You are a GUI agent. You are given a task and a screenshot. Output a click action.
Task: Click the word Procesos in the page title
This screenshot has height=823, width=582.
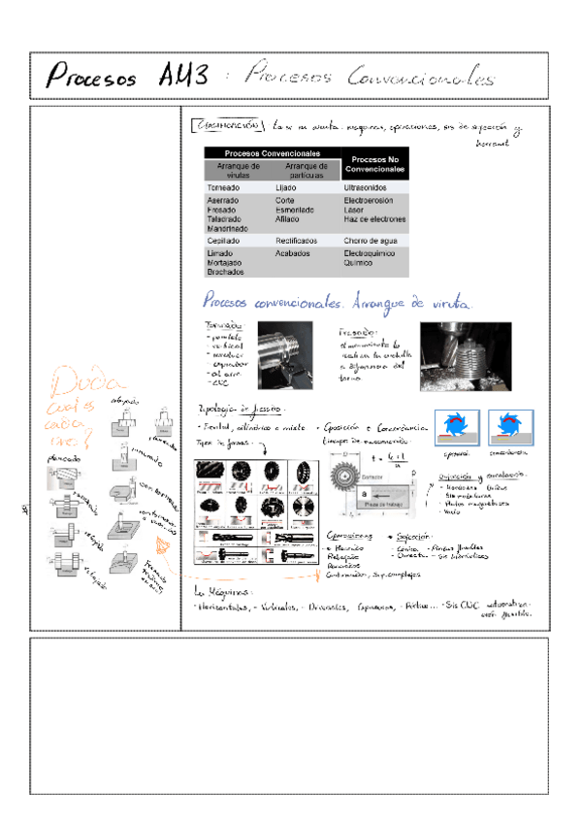[x=91, y=76]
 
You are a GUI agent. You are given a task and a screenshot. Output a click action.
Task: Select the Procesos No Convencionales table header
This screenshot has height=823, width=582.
[x=374, y=163]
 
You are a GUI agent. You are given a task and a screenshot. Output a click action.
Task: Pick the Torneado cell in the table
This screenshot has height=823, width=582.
[x=224, y=187]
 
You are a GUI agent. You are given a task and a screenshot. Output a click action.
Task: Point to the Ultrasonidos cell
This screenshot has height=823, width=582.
[x=364, y=187]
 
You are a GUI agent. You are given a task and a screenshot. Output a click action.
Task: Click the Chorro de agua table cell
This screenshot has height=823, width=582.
[x=371, y=240]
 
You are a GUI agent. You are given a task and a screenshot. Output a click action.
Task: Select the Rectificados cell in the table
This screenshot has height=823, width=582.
[x=298, y=240]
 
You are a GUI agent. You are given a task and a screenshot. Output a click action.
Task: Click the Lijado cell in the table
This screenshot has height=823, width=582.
[x=286, y=187]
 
